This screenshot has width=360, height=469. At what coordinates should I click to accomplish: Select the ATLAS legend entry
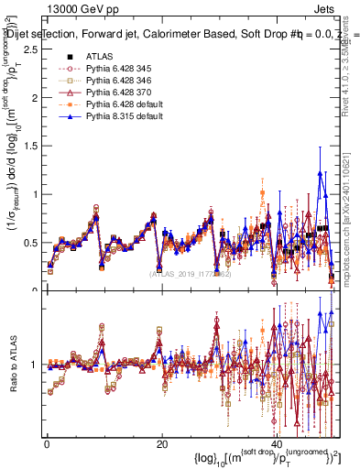click(100, 56)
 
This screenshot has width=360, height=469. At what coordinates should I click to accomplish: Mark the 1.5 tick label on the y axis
click(30, 146)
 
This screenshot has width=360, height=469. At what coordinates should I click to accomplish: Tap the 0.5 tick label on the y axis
click(30, 243)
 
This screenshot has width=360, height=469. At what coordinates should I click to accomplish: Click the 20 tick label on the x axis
click(161, 443)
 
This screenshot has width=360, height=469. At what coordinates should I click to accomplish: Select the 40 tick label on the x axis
click(277, 443)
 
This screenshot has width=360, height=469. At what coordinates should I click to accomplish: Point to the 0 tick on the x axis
click(46, 443)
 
